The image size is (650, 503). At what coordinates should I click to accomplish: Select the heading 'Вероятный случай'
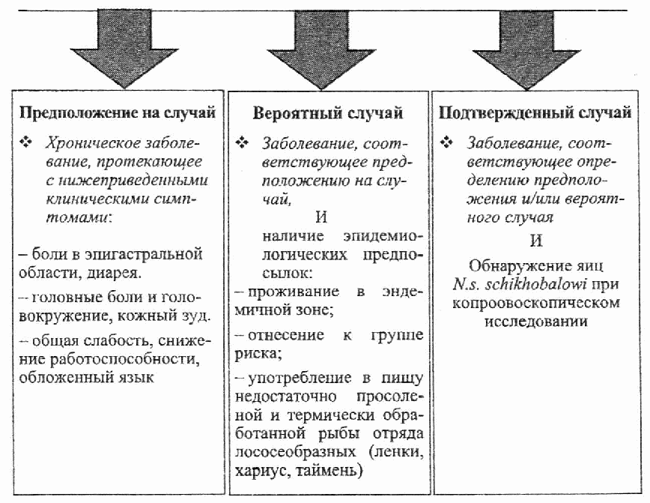pyautogui.click(x=328, y=114)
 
